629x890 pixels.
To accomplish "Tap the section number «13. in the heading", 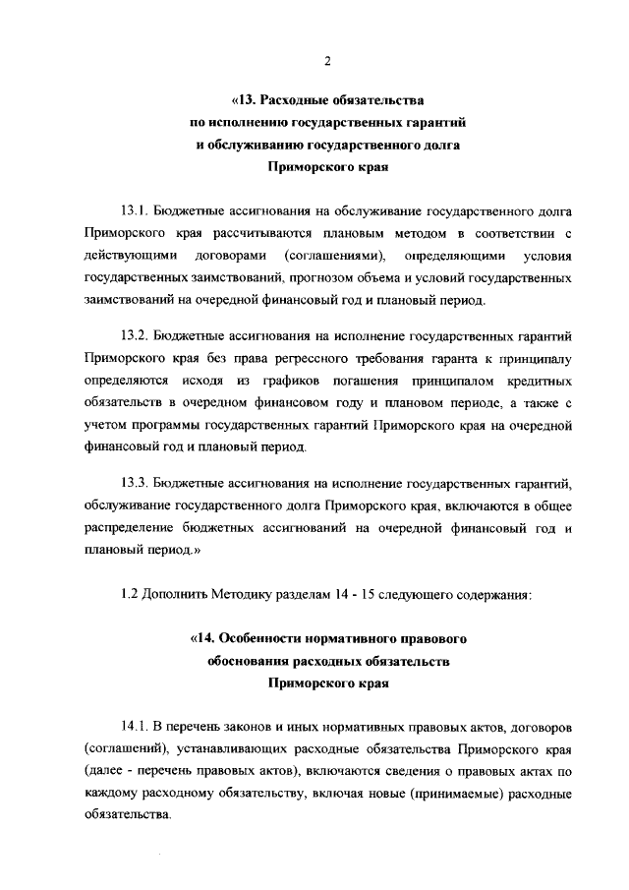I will point(243,100).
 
